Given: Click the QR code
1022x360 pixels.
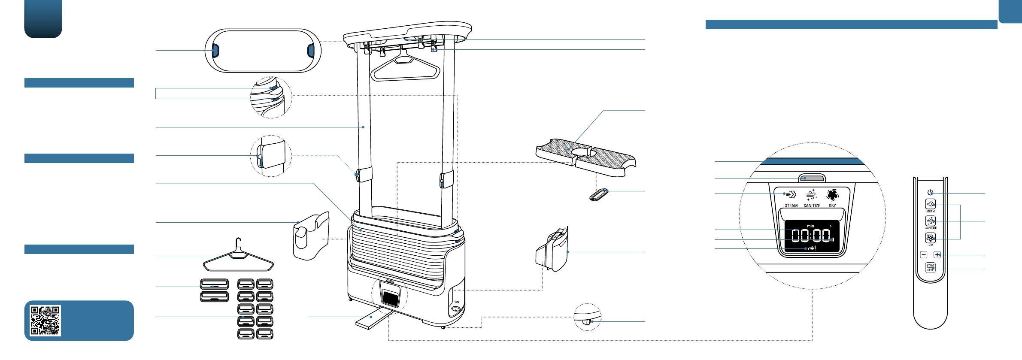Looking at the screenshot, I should pos(45,321).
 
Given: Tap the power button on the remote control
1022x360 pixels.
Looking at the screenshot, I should pos(930,193).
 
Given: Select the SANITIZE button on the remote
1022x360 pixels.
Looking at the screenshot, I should pos(930,221).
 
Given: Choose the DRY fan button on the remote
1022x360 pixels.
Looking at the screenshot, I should pos(930,238).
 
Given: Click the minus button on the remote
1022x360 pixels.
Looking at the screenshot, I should pos(924,255).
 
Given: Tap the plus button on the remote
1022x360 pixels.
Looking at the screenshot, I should pos(937,255).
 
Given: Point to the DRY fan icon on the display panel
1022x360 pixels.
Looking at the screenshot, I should pos(832,195).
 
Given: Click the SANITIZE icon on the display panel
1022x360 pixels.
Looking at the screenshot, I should pos(811,195).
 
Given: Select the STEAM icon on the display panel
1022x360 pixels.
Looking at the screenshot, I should pos(791,195).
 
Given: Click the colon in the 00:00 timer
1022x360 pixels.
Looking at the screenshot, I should pos(810,236).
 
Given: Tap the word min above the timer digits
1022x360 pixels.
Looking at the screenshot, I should pos(810,226).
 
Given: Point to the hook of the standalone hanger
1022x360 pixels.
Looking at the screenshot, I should pos(239,243).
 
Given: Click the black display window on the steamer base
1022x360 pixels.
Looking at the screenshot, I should pos(390,298).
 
